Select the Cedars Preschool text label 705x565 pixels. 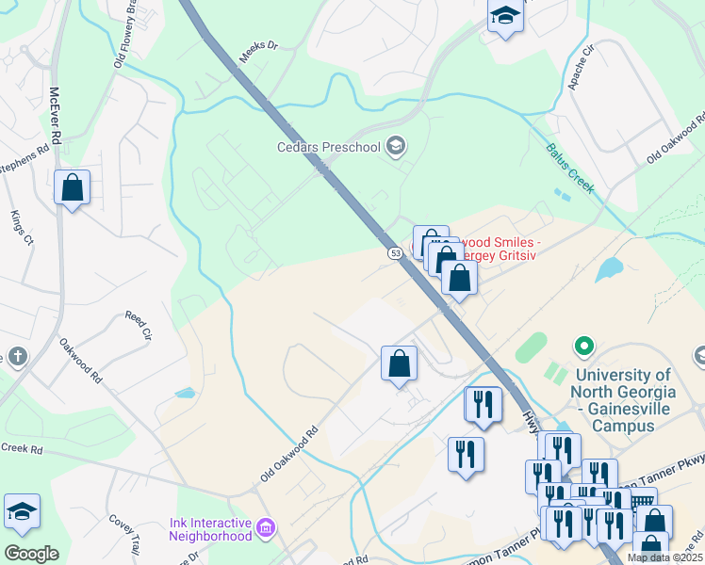[328, 146]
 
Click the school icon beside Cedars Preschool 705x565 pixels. [396, 145]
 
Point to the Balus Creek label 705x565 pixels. [570, 168]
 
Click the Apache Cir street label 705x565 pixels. [582, 63]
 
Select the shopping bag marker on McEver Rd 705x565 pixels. [73, 188]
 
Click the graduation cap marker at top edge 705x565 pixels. [505, 17]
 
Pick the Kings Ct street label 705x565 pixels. [22, 228]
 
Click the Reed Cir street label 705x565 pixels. [139, 325]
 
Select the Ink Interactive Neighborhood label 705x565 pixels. [210, 529]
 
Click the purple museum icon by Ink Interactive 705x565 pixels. [266, 525]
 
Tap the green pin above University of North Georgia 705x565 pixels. [583, 347]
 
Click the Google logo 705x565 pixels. [31, 553]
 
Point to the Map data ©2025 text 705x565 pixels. [664, 557]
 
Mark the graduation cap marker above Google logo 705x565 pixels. [22, 512]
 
